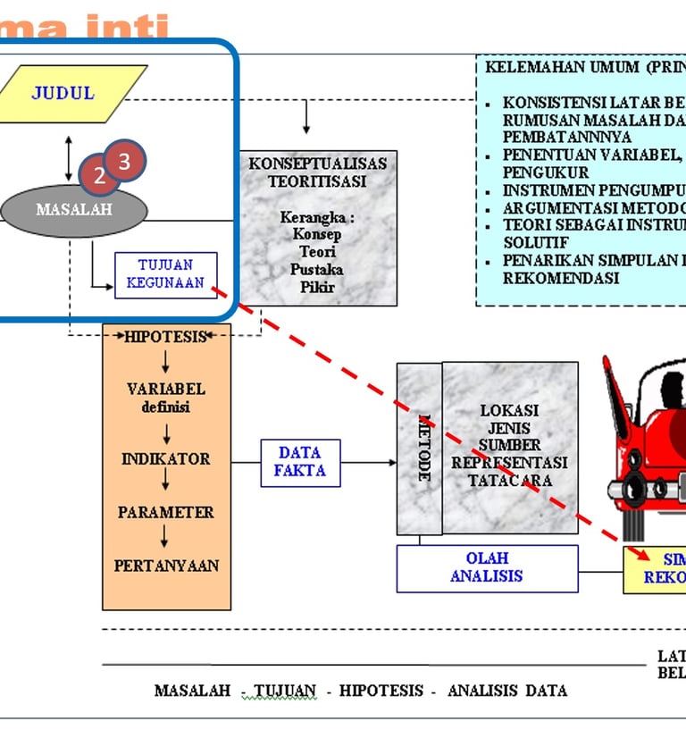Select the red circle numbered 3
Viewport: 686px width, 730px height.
click(125, 161)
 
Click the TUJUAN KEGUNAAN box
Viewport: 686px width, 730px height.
click(166, 274)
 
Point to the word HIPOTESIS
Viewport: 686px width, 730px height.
click(166, 337)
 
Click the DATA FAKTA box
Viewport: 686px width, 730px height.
click(300, 462)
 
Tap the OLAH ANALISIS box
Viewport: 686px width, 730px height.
click(487, 567)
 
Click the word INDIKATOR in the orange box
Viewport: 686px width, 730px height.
click(166, 458)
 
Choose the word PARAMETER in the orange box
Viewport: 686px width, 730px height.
click(166, 512)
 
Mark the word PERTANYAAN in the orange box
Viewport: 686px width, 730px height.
click(166, 566)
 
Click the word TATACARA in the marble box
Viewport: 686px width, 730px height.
click(509, 480)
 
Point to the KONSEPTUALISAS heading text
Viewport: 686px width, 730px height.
click(318, 164)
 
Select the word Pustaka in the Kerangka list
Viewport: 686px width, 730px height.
click(317, 269)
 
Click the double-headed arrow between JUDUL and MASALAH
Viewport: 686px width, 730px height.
click(69, 159)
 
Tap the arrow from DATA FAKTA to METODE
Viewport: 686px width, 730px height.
click(369, 462)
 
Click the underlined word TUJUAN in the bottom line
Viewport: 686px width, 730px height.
click(285, 691)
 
